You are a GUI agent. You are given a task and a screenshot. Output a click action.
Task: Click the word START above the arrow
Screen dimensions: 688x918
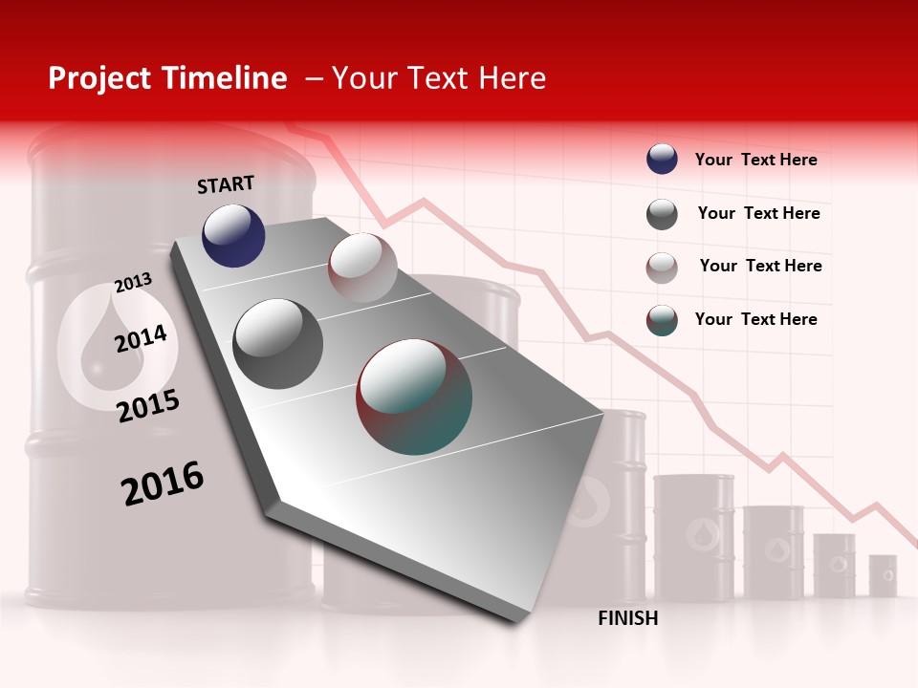(226, 184)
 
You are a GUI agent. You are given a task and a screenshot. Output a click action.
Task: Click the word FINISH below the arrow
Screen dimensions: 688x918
(628, 618)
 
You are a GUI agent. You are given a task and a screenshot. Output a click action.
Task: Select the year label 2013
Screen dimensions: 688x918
(134, 283)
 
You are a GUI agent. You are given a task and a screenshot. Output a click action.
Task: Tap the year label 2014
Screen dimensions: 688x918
(142, 338)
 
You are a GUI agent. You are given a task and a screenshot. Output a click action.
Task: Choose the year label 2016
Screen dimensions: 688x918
(163, 484)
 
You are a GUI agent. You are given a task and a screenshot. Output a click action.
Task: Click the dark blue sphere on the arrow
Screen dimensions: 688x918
(233, 236)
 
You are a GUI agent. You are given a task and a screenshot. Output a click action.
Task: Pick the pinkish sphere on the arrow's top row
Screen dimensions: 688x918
(362, 268)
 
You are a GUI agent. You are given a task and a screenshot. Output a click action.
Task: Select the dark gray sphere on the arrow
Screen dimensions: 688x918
(278, 343)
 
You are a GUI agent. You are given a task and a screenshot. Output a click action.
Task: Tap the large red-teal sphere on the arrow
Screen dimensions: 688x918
(414, 397)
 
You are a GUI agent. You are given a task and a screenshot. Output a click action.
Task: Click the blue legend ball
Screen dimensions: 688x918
(662, 159)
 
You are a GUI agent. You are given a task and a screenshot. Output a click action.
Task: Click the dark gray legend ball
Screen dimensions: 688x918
(662, 214)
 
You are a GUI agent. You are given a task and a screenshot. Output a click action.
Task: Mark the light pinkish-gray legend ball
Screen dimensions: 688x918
(662, 268)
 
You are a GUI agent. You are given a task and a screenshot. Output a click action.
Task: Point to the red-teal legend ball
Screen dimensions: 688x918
(662, 320)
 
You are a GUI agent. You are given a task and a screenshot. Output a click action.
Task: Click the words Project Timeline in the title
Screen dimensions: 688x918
(167, 78)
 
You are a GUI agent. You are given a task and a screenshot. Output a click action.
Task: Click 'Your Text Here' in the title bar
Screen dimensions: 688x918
(439, 78)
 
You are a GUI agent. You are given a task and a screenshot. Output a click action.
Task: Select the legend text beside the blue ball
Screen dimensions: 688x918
(755, 161)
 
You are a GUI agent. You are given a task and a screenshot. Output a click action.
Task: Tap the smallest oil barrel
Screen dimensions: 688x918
(883, 575)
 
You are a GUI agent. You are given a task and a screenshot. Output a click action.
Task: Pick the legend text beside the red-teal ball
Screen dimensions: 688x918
(755, 319)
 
